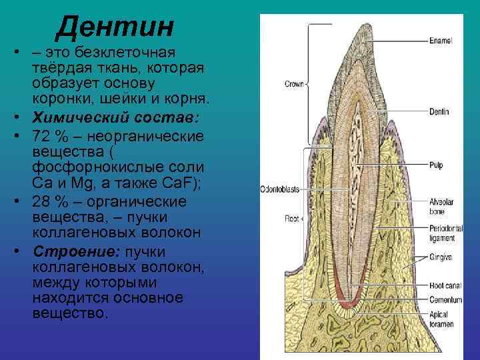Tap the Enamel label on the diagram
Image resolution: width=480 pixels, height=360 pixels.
(441, 41)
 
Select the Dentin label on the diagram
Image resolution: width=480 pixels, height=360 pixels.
(439, 112)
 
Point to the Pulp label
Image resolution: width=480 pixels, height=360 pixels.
(436, 163)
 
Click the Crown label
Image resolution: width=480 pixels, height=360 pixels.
(293, 84)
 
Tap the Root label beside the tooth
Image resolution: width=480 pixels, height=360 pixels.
(292, 218)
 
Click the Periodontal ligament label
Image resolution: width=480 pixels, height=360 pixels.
(442, 232)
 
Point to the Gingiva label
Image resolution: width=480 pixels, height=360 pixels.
(441, 257)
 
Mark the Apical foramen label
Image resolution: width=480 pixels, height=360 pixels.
(441, 319)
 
